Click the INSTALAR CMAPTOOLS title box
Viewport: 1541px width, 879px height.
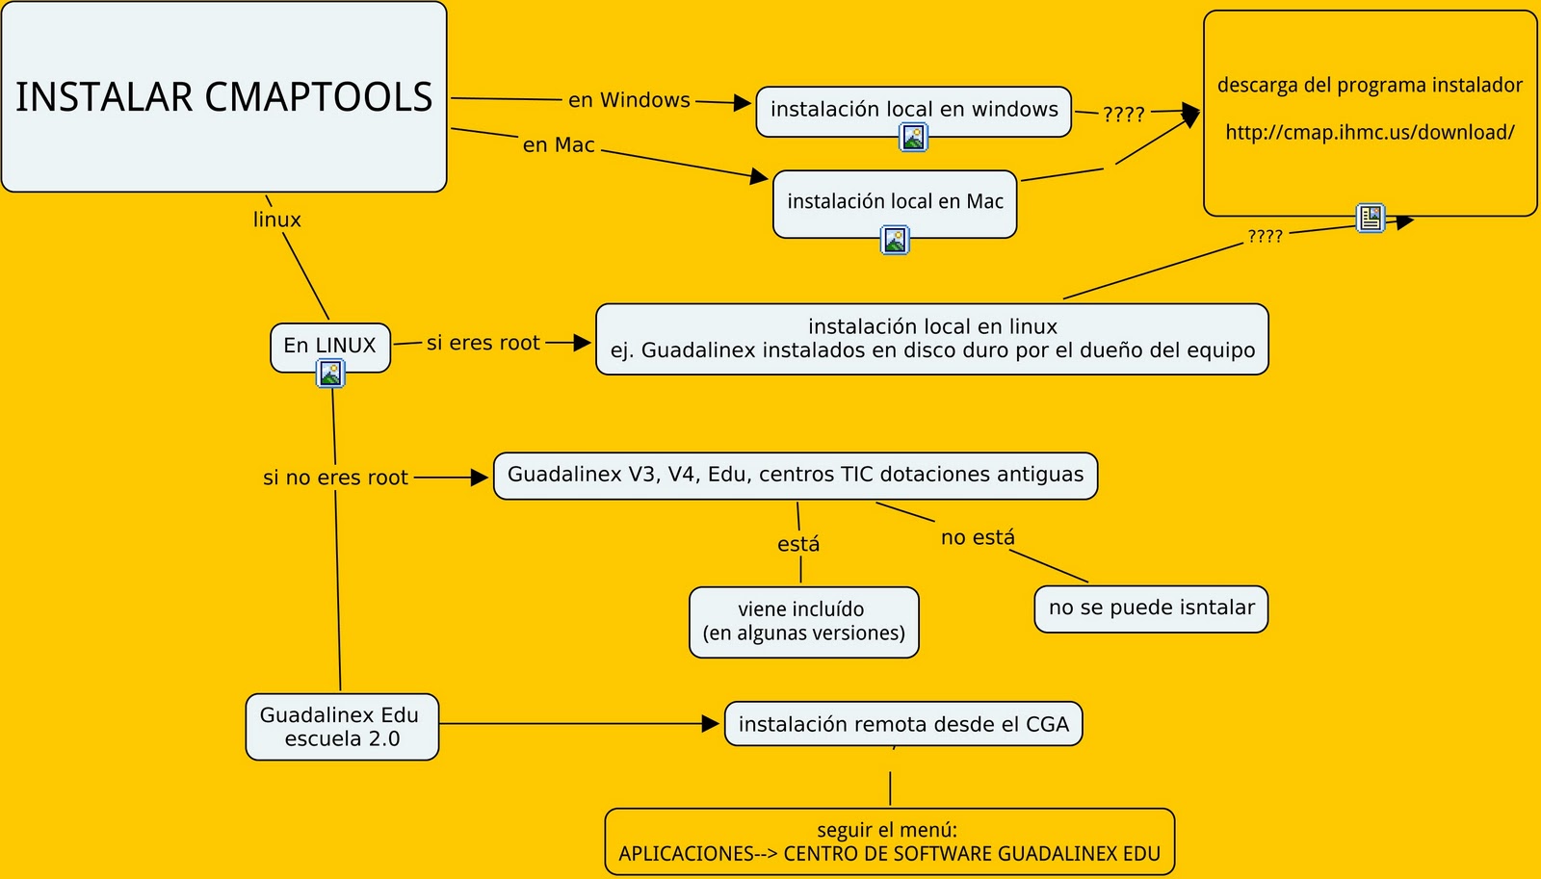[223, 96]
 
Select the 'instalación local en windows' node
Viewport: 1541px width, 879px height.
[913, 110]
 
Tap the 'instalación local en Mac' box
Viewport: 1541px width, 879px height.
[894, 201]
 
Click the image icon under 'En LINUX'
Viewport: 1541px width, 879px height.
[330, 374]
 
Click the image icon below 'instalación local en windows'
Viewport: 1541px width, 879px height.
[913, 138]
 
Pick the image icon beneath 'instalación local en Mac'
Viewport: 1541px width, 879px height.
[895, 240]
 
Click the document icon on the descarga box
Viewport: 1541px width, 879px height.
[1370, 219]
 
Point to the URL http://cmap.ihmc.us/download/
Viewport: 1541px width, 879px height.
[1369, 133]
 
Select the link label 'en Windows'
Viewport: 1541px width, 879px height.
[629, 100]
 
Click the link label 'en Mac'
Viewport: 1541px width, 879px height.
[559, 145]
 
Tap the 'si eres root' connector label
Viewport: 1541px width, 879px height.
[483, 343]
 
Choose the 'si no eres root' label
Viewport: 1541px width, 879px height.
[335, 478]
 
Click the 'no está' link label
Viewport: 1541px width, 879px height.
[977, 537]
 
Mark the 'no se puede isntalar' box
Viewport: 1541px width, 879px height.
[1151, 608]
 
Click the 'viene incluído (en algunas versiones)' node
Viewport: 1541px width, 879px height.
[803, 622]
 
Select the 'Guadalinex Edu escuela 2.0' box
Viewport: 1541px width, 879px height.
[341, 727]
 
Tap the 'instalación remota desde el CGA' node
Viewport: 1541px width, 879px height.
[902, 724]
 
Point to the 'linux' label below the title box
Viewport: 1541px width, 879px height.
[276, 220]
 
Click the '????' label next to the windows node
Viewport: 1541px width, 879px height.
[1123, 115]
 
